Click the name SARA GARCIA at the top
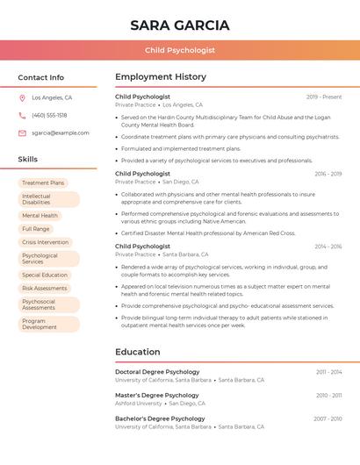pyautogui.click(x=179, y=25)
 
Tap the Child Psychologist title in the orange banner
pyautogui.click(x=179, y=50)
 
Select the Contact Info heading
pyautogui.click(x=40, y=77)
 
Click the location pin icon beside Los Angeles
pyautogui.click(x=22, y=98)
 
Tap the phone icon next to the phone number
pyautogui.click(x=22, y=116)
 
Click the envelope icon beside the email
pyautogui.click(x=22, y=133)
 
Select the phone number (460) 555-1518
pyautogui.click(x=49, y=116)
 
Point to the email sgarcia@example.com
pyautogui.click(x=61, y=133)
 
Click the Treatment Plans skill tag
pyautogui.click(x=43, y=183)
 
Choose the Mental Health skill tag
pyautogui.click(x=40, y=215)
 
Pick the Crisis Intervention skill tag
pyautogui.click(x=45, y=242)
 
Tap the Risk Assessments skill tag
pyautogui.click(x=44, y=288)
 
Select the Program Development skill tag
pyautogui.click(x=40, y=324)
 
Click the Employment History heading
pyautogui.click(x=161, y=77)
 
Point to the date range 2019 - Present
pyautogui.click(x=324, y=97)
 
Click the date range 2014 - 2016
pyautogui.click(x=328, y=247)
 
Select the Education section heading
pyautogui.click(x=137, y=352)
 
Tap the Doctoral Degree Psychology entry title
pyautogui.click(x=157, y=372)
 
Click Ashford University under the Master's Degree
pyautogui.click(x=138, y=404)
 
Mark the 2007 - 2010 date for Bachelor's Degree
pyautogui.click(x=328, y=419)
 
